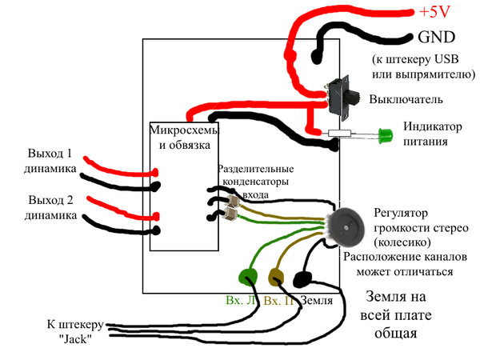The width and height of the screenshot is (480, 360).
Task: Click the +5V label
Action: (434, 13)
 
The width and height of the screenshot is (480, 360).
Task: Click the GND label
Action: (437, 37)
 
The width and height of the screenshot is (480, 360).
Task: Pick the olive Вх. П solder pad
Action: (275, 278)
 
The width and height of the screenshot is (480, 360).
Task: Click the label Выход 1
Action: (50, 154)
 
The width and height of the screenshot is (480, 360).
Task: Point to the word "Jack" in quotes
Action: (74, 338)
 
